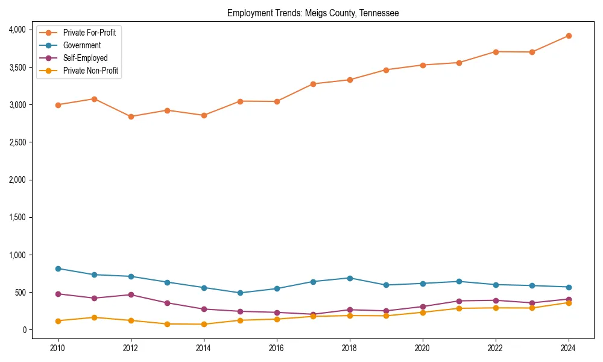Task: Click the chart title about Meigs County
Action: point(313,13)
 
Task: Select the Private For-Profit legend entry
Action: point(90,33)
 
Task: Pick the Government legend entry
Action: point(82,45)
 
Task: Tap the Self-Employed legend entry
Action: point(85,58)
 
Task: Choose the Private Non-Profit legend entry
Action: point(90,71)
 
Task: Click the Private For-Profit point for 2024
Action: point(568,36)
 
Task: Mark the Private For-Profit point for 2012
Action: point(131,116)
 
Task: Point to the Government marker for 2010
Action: point(58,268)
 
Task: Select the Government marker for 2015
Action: point(240,293)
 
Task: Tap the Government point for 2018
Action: point(350,278)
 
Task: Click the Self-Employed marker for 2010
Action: point(58,294)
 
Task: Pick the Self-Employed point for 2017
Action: point(313,314)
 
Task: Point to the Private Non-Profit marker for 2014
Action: point(204,324)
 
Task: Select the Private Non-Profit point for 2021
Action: point(459,308)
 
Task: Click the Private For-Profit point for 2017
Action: point(313,84)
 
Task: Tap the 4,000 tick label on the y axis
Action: point(17,30)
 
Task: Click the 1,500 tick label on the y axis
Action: point(17,217)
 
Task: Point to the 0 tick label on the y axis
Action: point(24,330)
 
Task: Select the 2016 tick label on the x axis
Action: point(277,348)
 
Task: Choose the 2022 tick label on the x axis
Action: point(495,348)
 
